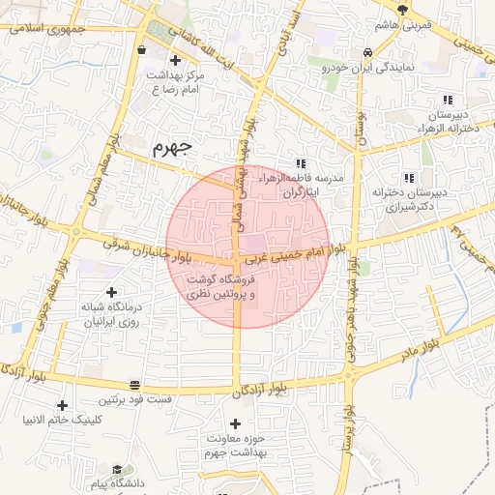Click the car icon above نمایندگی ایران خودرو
tap(367, 53)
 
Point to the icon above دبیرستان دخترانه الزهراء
tap(447, 100)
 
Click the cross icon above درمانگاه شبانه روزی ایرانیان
tap(111, 291)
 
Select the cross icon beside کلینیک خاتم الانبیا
tap(63, 405)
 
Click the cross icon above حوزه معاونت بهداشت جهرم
tap(235, 423)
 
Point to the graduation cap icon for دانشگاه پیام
tap(117, 469)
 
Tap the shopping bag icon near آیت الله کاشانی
tap(142, 49)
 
